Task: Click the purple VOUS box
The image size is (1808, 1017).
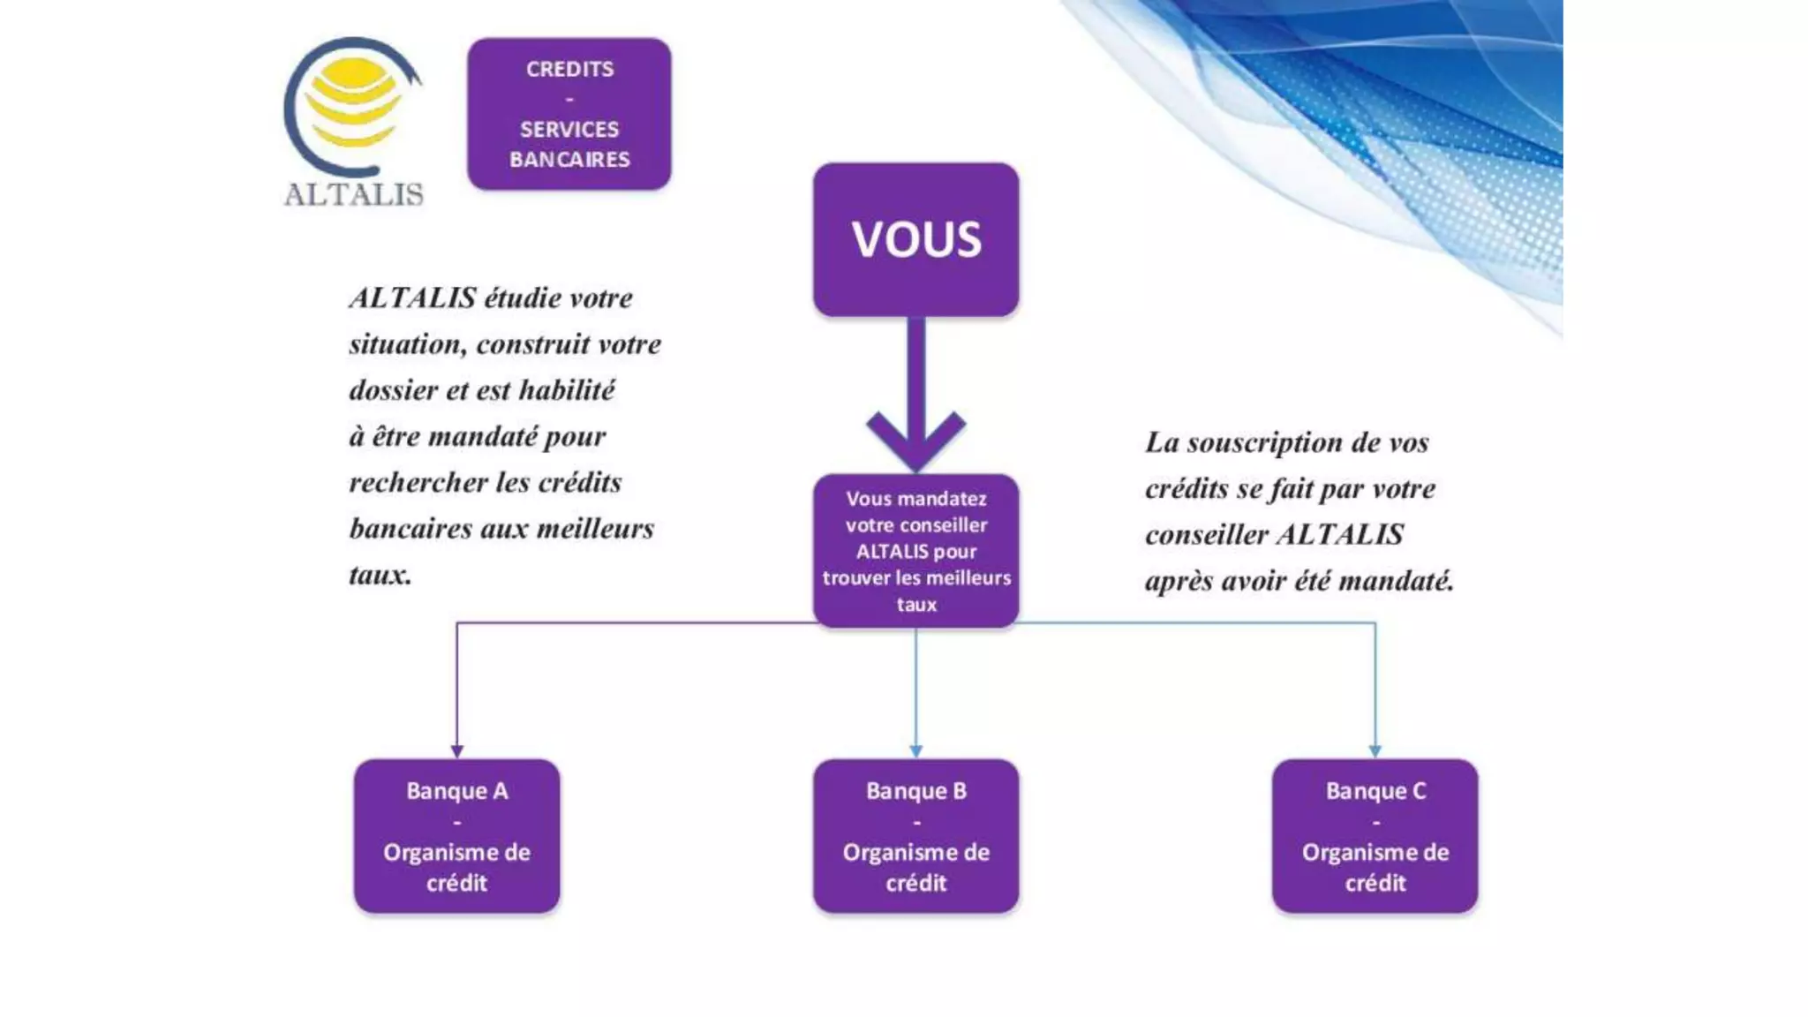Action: click(x=915, y=239)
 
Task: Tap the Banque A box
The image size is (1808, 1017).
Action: click(x=456, y=835)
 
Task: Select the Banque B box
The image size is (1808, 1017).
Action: click(x=915, y=835)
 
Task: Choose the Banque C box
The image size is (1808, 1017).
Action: click(x=1375, y=835)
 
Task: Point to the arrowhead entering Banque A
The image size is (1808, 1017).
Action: click(x=456, y=750)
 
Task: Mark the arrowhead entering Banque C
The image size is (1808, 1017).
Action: click(x=1375, y=750)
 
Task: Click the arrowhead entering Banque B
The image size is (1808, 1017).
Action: click(x=915, y=750)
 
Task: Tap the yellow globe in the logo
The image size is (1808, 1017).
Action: click(x=353, y=102)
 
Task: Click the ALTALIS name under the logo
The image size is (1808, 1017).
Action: click(x=353, y=194)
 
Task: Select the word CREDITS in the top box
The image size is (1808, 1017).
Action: click(x=569, y=69)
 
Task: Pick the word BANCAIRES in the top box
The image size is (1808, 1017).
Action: click(x=569, y=160)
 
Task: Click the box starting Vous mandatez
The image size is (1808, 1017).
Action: click(x=915, y=551)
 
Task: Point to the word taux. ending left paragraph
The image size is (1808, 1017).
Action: click(x=380, y=576)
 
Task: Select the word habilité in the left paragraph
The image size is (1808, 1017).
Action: click(x=566, y=390)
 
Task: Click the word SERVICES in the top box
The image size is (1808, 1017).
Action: click(x=569, y=130)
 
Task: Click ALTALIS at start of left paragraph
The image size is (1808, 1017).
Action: click(x=412, y=298)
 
